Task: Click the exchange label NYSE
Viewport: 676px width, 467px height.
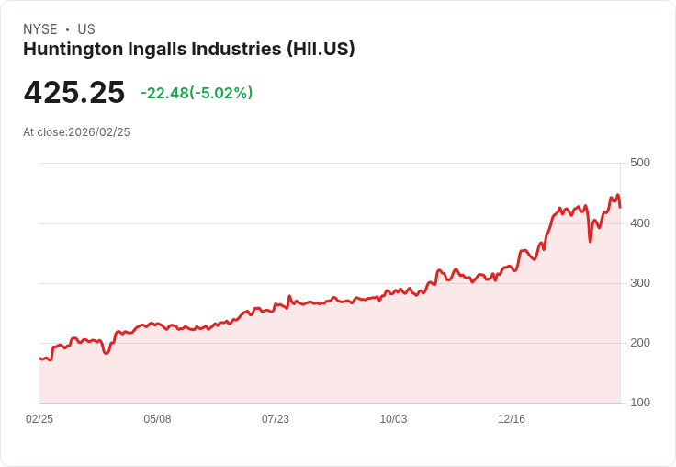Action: point(39,29)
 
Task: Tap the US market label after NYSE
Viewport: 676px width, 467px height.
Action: point(86,29)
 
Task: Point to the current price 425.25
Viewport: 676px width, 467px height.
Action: point(74,93)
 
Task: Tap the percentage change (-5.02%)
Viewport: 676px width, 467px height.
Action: point(220,93)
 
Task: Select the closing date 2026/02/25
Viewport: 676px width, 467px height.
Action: point(99,132)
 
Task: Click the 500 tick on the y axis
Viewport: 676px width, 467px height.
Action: point(640,163)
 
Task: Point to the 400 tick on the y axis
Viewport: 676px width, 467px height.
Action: point(640,223)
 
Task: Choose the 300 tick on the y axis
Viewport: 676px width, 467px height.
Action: point(640,283)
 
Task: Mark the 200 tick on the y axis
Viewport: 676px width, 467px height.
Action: point(640,343)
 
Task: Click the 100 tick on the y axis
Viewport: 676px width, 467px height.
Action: point(640,403)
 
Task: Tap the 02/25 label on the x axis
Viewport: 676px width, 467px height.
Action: point(39,419)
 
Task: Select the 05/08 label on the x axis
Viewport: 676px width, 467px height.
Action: point(157,419)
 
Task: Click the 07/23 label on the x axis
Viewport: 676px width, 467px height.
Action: point(276,419)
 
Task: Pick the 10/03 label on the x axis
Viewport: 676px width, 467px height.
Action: point(393,419)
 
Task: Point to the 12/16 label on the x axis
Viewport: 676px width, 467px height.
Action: point(512,419)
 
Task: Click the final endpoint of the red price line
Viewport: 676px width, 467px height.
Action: point(620,207)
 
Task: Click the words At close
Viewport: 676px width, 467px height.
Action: point(44,132)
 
